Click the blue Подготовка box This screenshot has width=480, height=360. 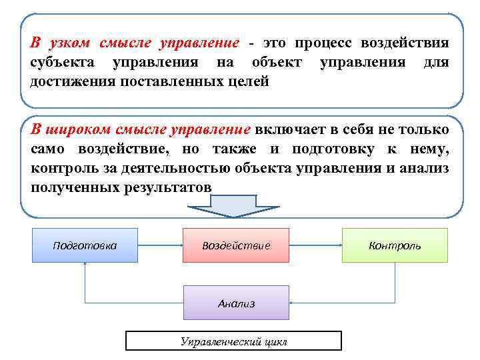click(x=85, y=245)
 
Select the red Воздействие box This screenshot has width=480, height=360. click(x=236, y=245)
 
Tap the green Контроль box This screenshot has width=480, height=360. click(x=395, y=245)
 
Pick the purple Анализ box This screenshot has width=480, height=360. click(x=236, y=303)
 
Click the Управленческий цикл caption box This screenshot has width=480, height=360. click(x=233, y=341)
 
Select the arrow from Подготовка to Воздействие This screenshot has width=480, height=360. click(x=160, y=245)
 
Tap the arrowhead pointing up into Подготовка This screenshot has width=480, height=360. click(x=85, y=265)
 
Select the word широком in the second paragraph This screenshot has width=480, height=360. click(x=78, y=129)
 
